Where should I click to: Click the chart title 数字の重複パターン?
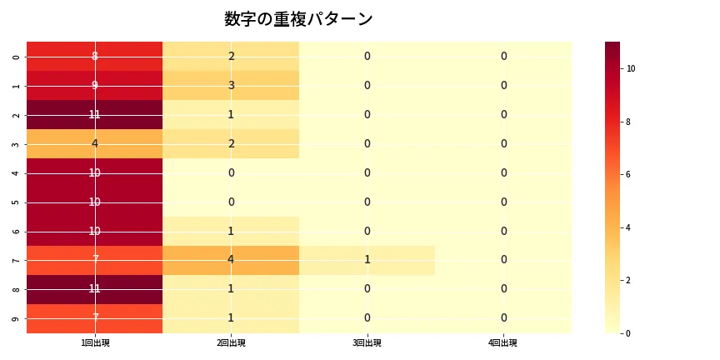coord(298,19)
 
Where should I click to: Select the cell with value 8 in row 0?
coord(95,57)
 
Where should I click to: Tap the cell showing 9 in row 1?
coord(95,86)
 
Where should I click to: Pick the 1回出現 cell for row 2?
coord(95,115)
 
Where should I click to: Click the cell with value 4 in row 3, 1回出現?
coord(95,144)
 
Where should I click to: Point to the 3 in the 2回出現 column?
coord(231,86)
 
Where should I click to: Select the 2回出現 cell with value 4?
coord(231,260)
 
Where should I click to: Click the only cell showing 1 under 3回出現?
coord(367,260)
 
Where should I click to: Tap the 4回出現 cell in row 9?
coord(503,318)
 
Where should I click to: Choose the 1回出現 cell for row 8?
coord(95,289)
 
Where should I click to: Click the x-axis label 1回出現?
coord(95,343)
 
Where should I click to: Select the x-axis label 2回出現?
coord(231,343)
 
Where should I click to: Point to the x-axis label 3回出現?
coord(367,343)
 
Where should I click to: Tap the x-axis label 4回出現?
coord(503,343)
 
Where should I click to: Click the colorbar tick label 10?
coord(631,68)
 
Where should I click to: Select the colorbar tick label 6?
coord(629,175)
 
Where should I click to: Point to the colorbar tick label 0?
coord(629,333)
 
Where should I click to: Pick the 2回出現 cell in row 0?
coord(231,57)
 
